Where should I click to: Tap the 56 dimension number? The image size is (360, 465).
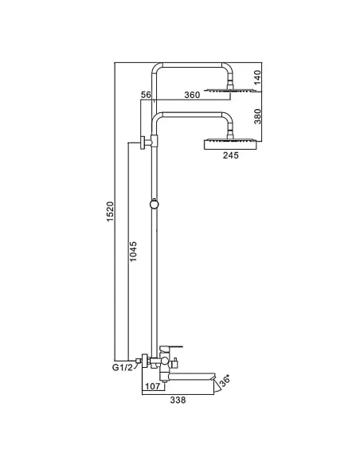pyautogui.click(x=146, y=95)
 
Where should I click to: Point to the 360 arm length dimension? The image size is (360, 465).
pyautogui.click(x=191, y=95)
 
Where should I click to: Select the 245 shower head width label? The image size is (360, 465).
pyautogui.click(x=230, y=156)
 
